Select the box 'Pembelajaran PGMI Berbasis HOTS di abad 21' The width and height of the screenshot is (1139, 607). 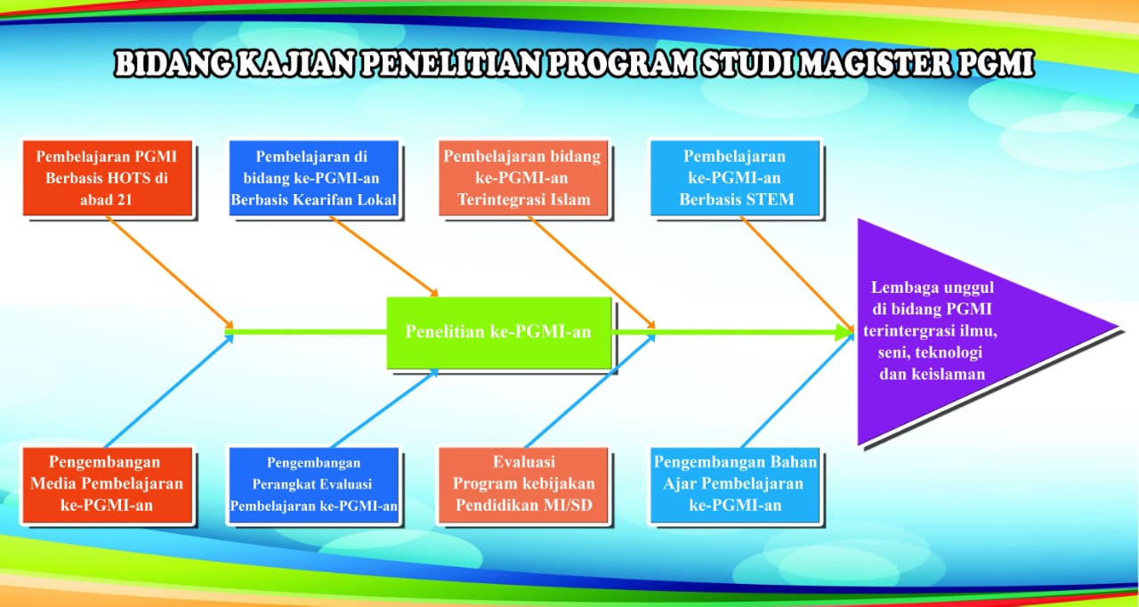point(108,178)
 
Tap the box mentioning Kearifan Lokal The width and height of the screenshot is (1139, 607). point(314,178)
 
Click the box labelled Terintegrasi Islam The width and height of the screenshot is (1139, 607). point(523,178)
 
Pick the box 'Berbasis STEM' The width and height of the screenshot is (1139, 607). point(735,178)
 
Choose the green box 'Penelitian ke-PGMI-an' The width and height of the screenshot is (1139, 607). point(499,333)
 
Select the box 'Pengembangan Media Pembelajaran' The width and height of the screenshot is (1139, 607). point(108,485)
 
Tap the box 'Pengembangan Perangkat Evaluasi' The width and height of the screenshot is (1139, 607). point(314,485)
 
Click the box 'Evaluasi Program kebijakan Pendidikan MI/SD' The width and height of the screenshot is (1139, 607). point(523,485)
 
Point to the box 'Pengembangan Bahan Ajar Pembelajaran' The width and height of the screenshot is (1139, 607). point(735,485)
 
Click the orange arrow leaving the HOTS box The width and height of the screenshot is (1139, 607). point(170,272)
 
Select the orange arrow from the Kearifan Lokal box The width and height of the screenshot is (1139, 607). point(384,256)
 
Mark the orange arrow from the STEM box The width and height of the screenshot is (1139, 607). point(797,273)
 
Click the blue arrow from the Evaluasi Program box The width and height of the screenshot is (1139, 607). point(590,391)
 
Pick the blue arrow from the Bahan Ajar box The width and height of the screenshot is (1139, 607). point(798,391)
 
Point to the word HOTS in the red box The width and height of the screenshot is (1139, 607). point(129,178)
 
